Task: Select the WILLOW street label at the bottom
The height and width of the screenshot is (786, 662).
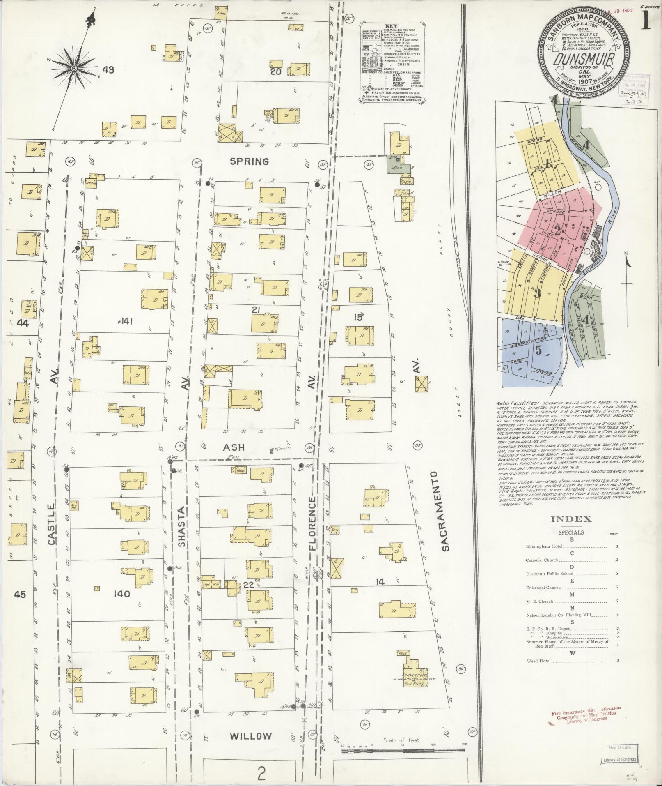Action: click(x=250, y=736)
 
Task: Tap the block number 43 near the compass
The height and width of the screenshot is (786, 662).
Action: click(x=108, y=70)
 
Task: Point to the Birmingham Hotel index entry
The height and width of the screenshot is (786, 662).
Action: click(x=543, y=547)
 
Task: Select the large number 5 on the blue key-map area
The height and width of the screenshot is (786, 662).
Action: click(x=538, y=350)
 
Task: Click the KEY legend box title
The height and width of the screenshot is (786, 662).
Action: click(x=392, y=25)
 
